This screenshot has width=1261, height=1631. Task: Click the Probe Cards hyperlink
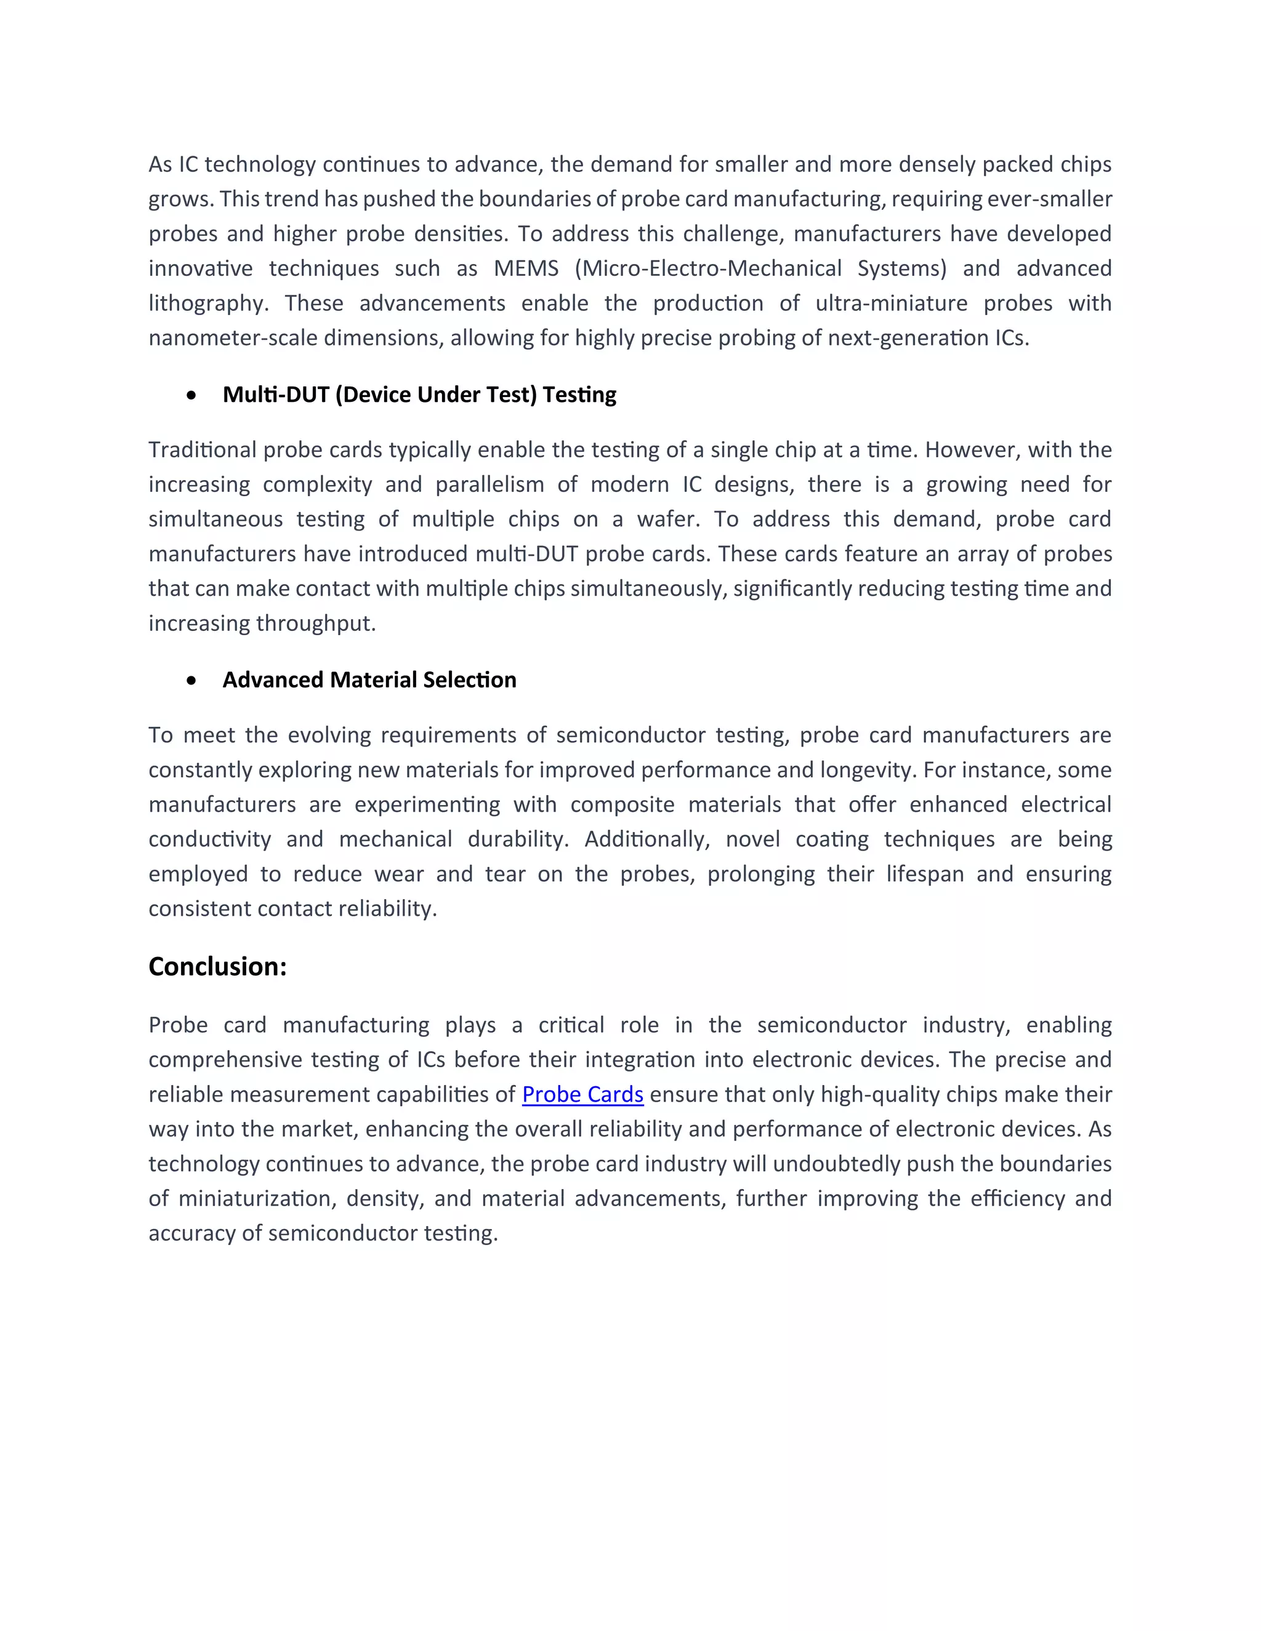point(582,1094)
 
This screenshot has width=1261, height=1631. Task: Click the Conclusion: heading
point(217,966)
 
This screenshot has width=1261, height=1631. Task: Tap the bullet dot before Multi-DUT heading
point(193,395)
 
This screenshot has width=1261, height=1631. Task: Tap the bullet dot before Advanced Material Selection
point(193,680)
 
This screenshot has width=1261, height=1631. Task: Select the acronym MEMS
point(526,268)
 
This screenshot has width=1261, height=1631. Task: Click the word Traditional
point(203,449)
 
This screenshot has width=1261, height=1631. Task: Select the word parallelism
point(489,484)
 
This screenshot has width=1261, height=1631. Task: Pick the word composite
point(621,804)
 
